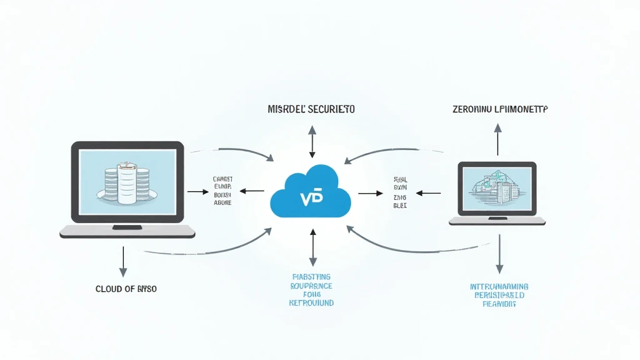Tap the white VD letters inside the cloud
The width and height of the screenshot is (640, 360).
click(x=311, y=198)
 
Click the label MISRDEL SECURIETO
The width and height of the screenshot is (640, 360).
click(x=311, y=109)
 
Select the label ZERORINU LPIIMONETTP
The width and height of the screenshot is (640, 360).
click(x=499, y=109)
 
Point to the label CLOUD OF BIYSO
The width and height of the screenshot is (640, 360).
click(x=126, y=289)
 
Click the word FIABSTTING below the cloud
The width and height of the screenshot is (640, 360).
click(x=311, y=276)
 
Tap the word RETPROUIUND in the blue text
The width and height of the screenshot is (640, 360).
click(x=311, y=302)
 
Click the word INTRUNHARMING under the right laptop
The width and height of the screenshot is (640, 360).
click(x=499, y=287)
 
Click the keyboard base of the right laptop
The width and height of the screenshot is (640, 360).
click(x=497, y=221)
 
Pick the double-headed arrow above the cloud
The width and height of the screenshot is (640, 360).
click(x=312, y=141)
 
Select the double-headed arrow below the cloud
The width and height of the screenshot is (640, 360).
click(x=312, y=248)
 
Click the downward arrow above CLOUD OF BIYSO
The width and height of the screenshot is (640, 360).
click(x=123, y=261)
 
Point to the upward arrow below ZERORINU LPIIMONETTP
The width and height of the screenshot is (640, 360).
click(x=498, y=139)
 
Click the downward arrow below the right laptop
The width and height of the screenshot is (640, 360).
click(x=499, y=255)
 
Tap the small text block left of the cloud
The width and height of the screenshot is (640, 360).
click(x=222, y=190)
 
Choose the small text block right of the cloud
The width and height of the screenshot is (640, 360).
click(x=400, y=191)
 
